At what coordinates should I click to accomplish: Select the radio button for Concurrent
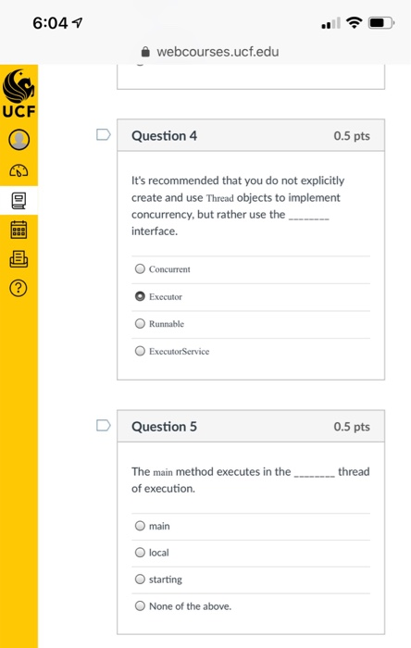click(x=140, y=269)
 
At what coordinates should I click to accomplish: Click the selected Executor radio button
click(x=140, y=297)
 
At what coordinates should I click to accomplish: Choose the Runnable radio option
click(x=140, y=324)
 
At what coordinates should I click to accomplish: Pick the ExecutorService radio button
click(x=140, y=351)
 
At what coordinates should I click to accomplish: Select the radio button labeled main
click(x=140, y=526)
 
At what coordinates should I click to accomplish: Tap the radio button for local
click(x=140, y=553)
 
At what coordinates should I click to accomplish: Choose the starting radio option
click(x=140, y=579)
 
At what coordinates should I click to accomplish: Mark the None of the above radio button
click(x=140, y=606)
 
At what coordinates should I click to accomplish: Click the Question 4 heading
click(x=164, y=136)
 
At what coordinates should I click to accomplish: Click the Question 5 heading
click(x=164, y=427)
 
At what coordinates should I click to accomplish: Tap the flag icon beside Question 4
click(x=103, y=136)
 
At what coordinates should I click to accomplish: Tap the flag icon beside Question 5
click(x=103, y=427)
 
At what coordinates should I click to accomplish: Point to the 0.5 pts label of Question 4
click(x=351, y=136)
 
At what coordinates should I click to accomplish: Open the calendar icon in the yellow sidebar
click(x=19, y=229)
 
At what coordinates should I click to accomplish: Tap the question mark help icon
click(x=19, y=289)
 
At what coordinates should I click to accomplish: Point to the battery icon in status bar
click(x=379, y=21)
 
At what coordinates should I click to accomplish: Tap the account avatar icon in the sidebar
click(x=19, y=141)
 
